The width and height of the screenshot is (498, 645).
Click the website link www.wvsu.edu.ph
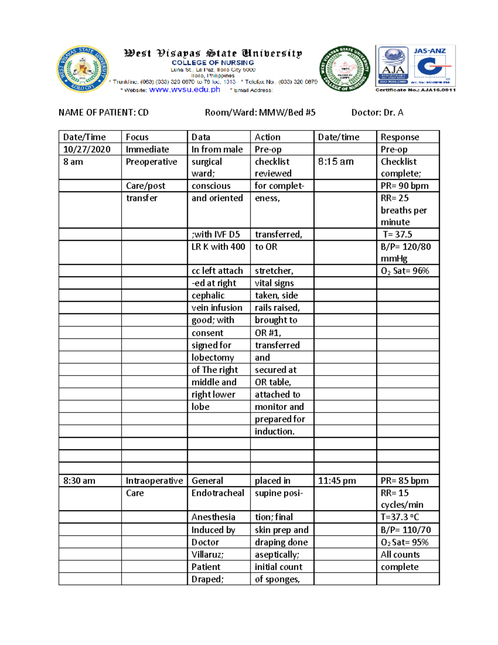click(184, 90)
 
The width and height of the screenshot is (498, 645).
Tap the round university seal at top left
click(83, 69)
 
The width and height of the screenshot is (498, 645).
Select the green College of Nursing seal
click(344, 69)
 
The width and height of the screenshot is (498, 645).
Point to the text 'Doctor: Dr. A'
click(377, 113)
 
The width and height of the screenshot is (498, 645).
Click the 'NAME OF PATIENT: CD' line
click(103, 113)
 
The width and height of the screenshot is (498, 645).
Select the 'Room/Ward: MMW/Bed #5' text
click(260, 113)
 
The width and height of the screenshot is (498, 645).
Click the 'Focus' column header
click(137, 137)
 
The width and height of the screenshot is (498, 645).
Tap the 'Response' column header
click(400, 137)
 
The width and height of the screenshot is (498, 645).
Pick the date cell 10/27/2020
click(87, 150)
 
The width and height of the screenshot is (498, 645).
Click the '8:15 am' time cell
click(336, 162)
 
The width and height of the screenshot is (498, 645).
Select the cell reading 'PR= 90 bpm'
click(404, 186)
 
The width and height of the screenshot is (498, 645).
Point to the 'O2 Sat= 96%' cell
click(405, 271)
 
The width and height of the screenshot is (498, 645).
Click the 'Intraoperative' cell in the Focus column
click(154, 481)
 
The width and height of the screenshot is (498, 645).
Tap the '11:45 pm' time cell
click(337, 481)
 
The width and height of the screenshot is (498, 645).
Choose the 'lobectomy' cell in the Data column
click(212, 358)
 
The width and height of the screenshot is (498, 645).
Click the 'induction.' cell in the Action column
click(274, 432)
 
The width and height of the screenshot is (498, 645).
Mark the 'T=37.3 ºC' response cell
click(400, 517)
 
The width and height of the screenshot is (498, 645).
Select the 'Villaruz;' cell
click(207, 554)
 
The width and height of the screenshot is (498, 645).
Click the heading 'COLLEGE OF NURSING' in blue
click(212, 63)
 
